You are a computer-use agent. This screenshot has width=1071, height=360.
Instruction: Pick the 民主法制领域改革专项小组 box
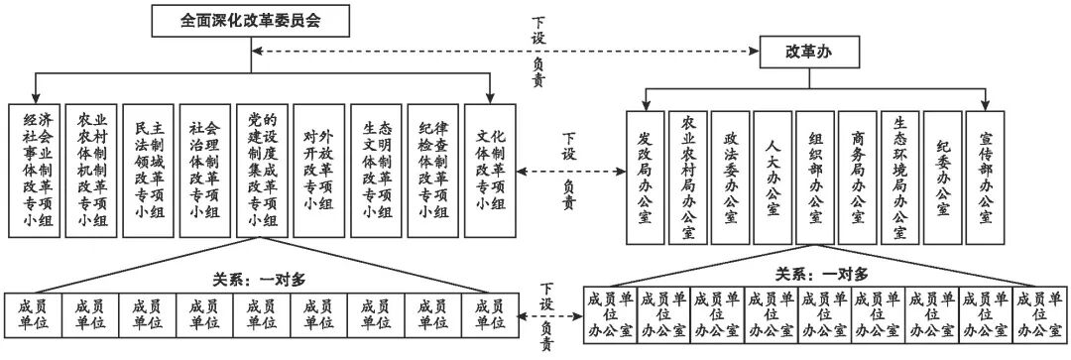click(148, 168)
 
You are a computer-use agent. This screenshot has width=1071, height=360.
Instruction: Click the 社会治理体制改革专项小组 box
click(204, 168)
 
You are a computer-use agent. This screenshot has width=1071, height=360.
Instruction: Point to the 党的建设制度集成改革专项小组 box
click(262, 168)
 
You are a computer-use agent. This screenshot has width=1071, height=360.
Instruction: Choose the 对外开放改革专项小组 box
click(319, 168)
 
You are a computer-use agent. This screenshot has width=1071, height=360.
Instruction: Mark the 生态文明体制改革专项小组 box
click(377, 168)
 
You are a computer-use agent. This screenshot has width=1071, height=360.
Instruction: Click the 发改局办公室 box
click(645, 177)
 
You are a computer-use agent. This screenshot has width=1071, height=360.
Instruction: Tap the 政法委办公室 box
click(730, 177)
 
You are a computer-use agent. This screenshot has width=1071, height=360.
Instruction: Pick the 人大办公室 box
click(773, 177)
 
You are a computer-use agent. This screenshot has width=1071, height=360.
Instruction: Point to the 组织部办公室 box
click(816, 177)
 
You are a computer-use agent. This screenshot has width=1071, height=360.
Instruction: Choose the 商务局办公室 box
click(859, 177)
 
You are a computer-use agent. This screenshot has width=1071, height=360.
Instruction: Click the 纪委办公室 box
click(944, 177)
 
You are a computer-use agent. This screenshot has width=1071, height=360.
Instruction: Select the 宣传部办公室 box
click(988, 177)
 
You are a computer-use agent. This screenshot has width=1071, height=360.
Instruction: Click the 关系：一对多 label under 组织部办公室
click(821, 274)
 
